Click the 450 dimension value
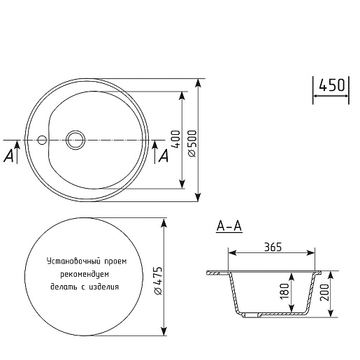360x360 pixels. click(331, 85)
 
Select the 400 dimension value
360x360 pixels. click(176, 139)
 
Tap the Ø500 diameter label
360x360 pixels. click(192, 143)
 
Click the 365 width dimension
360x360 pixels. click(273, 247)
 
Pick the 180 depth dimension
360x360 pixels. click(285, 291)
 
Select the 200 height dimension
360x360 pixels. click(324, 292)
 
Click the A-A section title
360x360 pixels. click(229, 226)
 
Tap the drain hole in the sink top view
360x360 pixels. click(75, 140)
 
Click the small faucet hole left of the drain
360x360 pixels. click(42, 140)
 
